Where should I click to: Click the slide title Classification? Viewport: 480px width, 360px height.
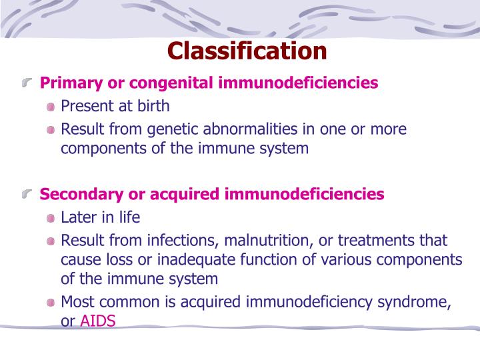pyautogui.click(x=247, y=51)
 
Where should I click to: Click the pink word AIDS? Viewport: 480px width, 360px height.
pyautogui.click(x=98, y=321)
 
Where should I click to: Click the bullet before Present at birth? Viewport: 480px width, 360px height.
pyautogui.click(x=51, y=107)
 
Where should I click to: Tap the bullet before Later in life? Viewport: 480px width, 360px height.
pyautogui.click(x=51, y=218)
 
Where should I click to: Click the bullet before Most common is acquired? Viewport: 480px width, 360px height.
pyautogui.click(x=51, y=303)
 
